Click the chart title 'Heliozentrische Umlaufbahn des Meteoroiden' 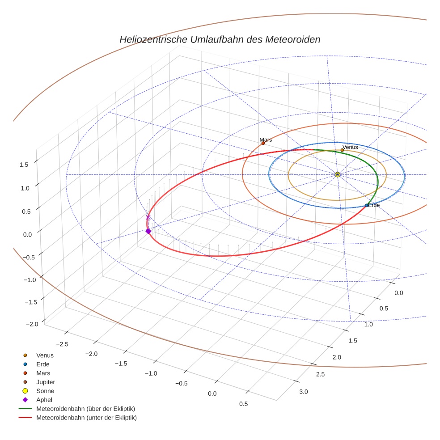click(220, 39)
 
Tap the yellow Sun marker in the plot click(338, 174)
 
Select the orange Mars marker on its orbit click(263, 143)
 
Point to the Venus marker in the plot click(342, 150)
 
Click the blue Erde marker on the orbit click(367, 205)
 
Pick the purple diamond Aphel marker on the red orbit click(148, 231)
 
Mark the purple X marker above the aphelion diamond click(148, 217)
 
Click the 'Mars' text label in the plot click(266, 140)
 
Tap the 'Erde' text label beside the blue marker click(373, 205)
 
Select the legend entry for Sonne click(45, 391)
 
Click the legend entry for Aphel click(45, 400)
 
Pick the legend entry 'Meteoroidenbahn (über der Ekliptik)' click(85, 409)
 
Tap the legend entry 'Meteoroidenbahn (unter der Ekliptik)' click(86, 418)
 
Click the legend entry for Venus click(45, 355)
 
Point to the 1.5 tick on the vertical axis click(24, 165)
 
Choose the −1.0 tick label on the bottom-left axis click(151, 373)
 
